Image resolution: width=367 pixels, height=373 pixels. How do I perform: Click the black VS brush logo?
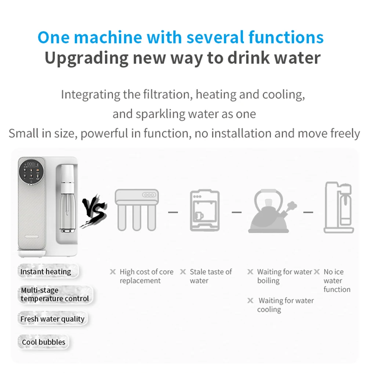[x=94, y=211]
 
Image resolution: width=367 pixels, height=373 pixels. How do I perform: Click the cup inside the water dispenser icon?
[x=199, y=216]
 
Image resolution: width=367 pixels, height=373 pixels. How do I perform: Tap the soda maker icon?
[x=339, y=207]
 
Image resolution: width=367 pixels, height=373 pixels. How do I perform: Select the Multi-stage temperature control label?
[x=55, y=295]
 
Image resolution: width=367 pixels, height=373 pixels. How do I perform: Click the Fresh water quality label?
[x=52, y=319]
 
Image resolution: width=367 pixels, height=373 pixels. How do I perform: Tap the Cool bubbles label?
[x=43, y=342]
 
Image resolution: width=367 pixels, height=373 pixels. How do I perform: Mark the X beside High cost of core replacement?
[x=113, y=272]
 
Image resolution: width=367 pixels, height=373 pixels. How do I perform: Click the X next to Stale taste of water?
[x=183, y=272]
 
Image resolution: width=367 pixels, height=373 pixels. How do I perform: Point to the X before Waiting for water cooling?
[x=250, y=300]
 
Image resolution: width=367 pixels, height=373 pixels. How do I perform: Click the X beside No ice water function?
[x=317, y=272]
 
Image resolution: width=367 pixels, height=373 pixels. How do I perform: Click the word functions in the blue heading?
[x=286, y=38]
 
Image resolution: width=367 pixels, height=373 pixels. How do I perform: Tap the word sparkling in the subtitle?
[x=160, y=114]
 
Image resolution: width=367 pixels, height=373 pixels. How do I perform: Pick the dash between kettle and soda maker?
[x=308, y=212]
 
